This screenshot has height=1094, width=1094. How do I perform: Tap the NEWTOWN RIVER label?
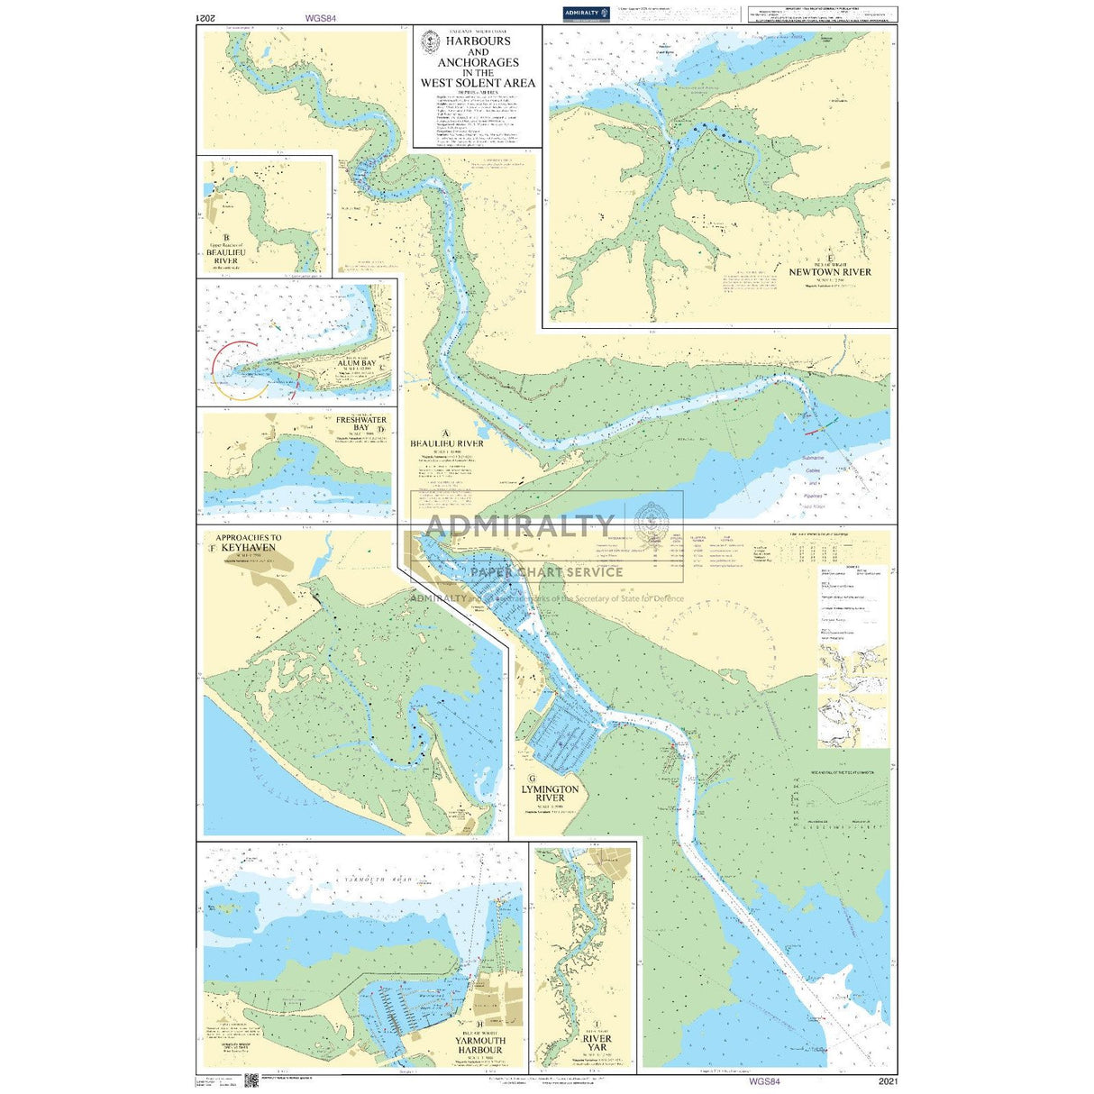(x=830, y=271)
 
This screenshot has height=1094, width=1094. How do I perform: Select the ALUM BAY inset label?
(x=357, y=363)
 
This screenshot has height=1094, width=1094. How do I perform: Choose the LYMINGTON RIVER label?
(x=550, y=793)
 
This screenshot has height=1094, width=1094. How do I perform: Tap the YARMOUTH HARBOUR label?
(x=479, y=1045)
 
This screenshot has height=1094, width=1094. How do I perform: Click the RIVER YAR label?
(x=597, y=1044)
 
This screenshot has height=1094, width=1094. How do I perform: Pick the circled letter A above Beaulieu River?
(x=445, y=433)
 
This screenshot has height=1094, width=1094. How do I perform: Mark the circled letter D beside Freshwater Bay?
(x=381, y=430)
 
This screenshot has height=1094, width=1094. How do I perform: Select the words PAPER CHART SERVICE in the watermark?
(x=546, y=572)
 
